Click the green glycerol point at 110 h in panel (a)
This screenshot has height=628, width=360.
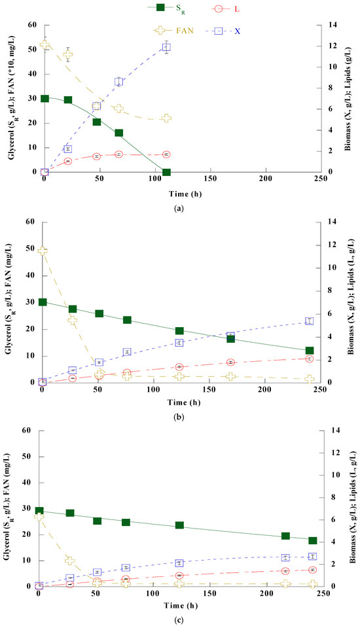(166, 172)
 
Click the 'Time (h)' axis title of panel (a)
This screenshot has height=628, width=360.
(180, 193)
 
